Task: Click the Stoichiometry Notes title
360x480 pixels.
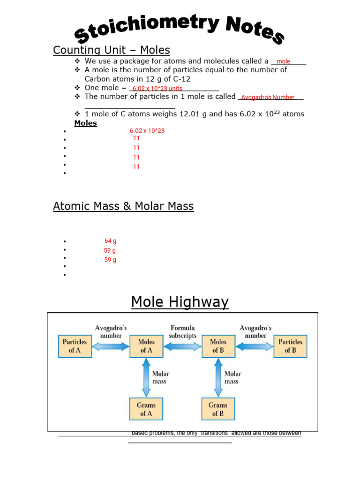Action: (180, 29)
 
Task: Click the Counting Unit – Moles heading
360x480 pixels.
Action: (111, 50)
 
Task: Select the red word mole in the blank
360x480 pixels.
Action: (283, 61)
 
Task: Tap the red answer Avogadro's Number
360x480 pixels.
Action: (268, 97)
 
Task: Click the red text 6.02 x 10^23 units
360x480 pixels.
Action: (157, 89)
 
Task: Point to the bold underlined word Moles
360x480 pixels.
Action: (85, 123)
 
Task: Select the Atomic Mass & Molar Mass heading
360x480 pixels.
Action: (123, 206)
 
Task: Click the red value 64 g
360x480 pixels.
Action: (111, 241)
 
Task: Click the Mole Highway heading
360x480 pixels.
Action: (180, 302)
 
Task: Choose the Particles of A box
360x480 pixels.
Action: (75, 346)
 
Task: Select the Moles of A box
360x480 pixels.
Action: (146, 346)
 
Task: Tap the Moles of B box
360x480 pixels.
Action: (218, 346)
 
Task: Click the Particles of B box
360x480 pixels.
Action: (290, 346)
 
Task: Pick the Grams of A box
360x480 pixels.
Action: (146, 409)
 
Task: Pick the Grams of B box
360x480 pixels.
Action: (218, 409)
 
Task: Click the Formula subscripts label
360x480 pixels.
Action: (182, 332)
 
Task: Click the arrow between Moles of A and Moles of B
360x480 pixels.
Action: (182, 346)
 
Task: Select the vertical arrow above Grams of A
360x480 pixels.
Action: (146, 378)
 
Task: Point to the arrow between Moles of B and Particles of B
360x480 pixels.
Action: (254, 346)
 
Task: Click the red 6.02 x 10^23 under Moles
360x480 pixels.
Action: (147, 131)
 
